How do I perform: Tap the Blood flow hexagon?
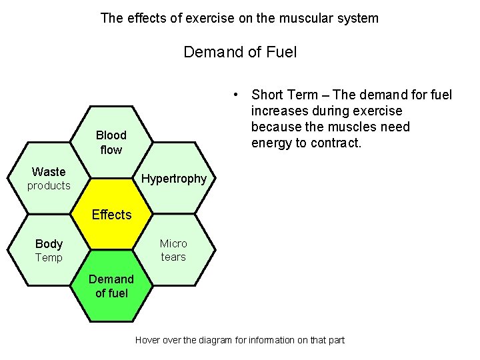click(111, 142)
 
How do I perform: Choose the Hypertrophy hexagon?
click(175, 179)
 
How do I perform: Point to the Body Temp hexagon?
click(49, 251)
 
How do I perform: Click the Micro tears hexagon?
click(175, 250)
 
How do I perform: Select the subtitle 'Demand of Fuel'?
click(240, 51)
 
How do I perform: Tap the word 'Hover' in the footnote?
click(148, 340)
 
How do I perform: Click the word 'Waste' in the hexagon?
click(49, 172)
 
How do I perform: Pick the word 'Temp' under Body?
click(49, 258)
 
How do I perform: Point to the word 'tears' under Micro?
click(173, 257)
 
